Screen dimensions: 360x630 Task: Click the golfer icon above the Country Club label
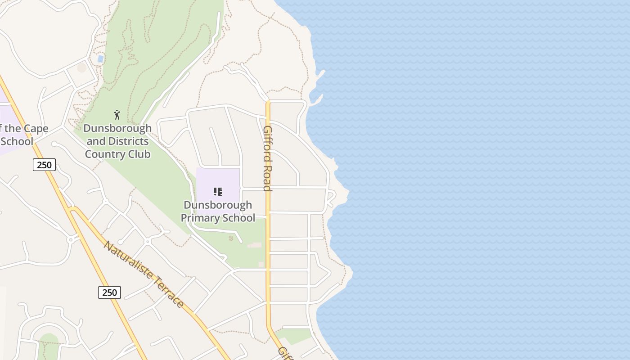coord(117,115)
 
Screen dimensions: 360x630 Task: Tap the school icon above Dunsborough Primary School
coord(218,192)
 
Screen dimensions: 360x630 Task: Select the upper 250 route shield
coord(44,165)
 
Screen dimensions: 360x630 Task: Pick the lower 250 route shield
coord(109,292)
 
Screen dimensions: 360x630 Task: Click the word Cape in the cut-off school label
coord(36,129)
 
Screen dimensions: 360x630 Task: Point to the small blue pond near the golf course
coord(100,58)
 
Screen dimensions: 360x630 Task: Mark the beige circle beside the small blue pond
coord(81,68)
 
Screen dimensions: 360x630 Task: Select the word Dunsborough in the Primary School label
coord(218,205)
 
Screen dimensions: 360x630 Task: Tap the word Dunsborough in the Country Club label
coord(117,128)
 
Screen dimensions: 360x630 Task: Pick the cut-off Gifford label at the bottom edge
coord(285,353)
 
